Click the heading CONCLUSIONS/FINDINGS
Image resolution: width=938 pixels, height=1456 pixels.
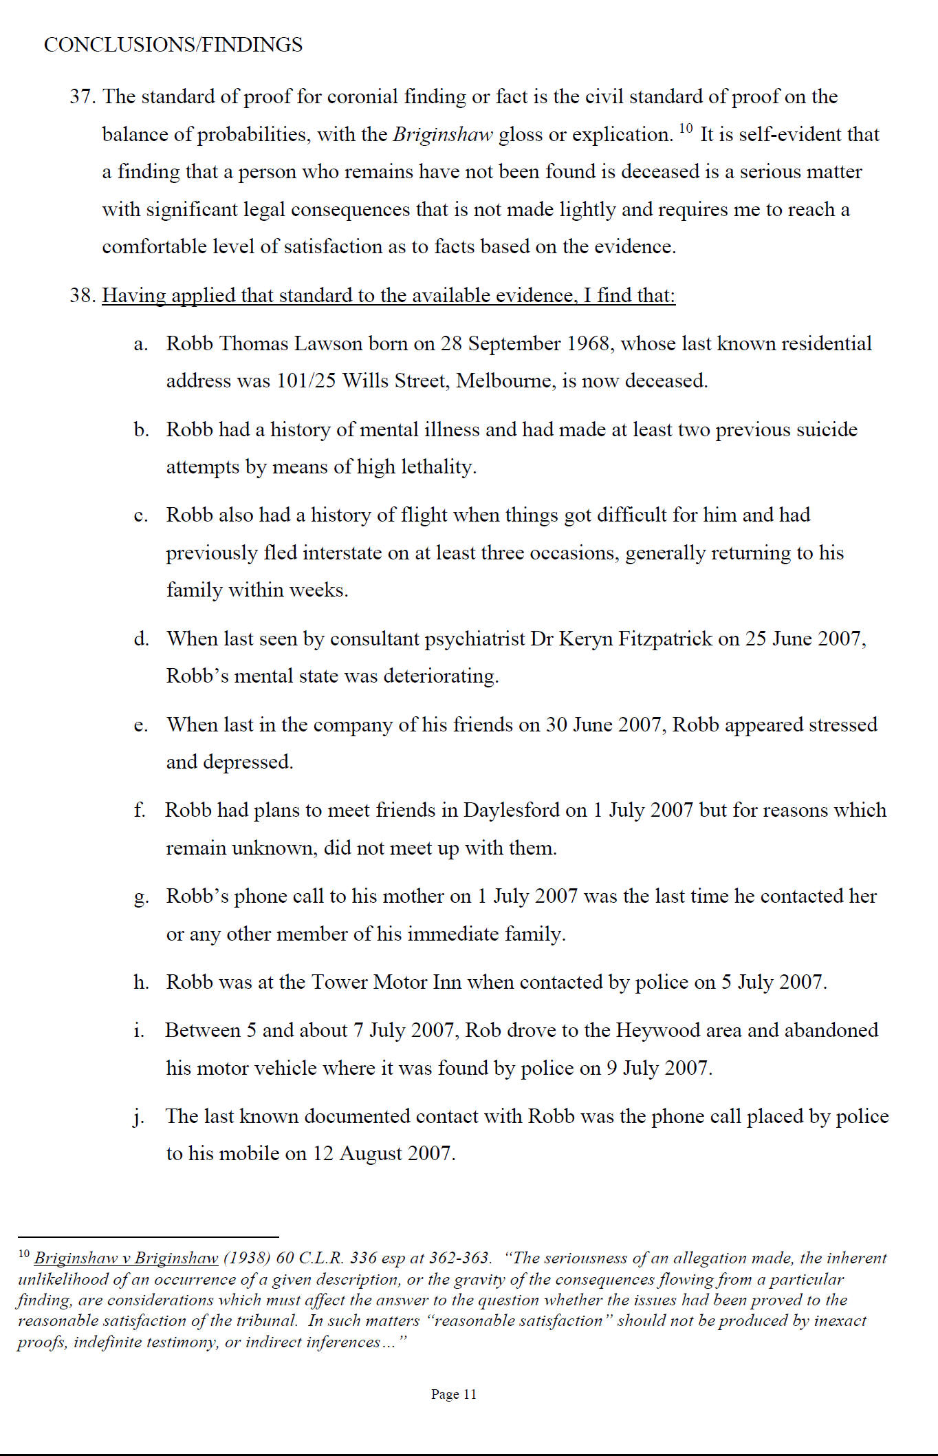point(173,45)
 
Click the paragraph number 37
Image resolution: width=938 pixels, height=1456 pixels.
point(81,96)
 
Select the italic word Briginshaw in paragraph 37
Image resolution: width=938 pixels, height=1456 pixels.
point(443,134)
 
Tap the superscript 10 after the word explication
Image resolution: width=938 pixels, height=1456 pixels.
point(686,128)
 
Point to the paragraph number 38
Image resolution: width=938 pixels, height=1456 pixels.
point(81,296)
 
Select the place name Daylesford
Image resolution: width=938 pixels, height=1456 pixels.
point(511,810)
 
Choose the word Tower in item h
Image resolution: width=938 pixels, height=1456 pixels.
point(339,982)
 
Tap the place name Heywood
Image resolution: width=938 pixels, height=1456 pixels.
point(654,1030)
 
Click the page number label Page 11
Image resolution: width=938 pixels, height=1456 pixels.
point(453,1394)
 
